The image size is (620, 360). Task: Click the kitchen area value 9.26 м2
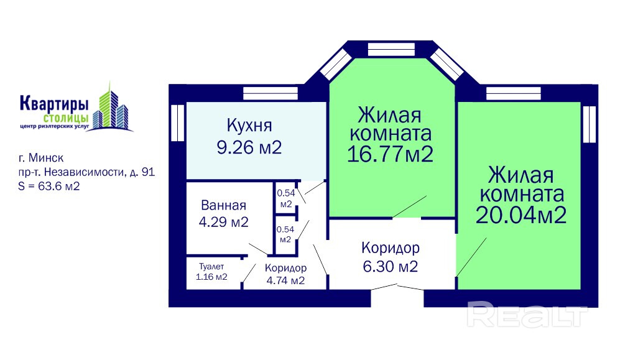pos(249,147)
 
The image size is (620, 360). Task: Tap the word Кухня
pos(249,125)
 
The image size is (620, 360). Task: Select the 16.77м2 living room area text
pos(391,154)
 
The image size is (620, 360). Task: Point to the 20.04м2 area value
pos(521,215)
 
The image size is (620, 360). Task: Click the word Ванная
pos(223,205)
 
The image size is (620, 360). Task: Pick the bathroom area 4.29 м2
pos(223,222)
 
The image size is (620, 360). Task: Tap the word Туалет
pos(211,267)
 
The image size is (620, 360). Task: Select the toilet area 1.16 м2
pos(211,277)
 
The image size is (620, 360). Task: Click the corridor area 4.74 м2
pos(285,280)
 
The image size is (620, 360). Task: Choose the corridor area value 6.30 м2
pos(391,266)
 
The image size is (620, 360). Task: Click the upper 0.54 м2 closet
pos(286,198)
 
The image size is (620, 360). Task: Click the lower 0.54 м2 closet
pos(285,234)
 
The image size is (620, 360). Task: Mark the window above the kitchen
pos(271,94)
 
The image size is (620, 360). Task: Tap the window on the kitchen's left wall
pos(178,123)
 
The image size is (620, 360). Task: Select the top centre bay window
pos(391,49)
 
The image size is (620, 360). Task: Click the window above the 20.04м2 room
pos(513,94)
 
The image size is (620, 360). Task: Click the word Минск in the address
pos(46,158)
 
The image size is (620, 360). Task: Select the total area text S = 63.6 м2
pos(49,186)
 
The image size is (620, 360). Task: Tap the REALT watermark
pos(527,314)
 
